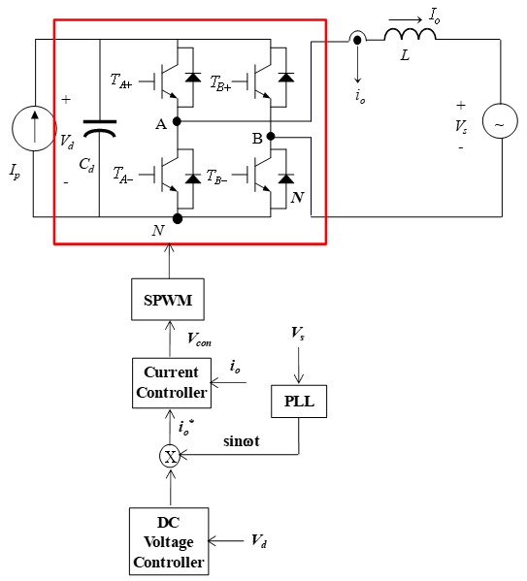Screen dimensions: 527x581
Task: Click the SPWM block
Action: pyautogui.click(x=168, y=300)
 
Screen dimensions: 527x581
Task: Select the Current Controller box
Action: pyautogui.click(x=172, y=383)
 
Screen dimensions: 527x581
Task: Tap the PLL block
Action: pyautogui.click(x=299, y=402)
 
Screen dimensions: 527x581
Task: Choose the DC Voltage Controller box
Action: pyautogui.click(x=169, y=541)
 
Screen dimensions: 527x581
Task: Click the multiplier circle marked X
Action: pyautogui.click(x=170, y=457)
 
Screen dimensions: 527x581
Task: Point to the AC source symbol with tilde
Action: pyautogui.click(x=500, y=121)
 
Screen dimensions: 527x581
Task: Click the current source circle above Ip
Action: pyautogui.click(x=34, y=128)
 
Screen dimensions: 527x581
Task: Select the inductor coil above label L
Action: pyautogui.click(x=410, y=34)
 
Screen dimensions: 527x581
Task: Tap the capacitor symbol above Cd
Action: pyautogui.click(x=99, y=128)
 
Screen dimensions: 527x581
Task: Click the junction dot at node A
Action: pyautogui.click(x=178, y=121)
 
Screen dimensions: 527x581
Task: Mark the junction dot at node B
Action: pyautogui.click(x=271, y=137)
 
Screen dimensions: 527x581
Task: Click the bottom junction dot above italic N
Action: pyautogui.click(x=178, y=218)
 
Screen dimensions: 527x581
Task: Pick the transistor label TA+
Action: pyautogui.click(x=121, y=81)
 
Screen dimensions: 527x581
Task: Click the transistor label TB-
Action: pyautogui.click(x=217, y=177)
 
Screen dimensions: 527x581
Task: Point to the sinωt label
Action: pyautogui.click(x=242, y=441)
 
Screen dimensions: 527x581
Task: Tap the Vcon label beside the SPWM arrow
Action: pyautogui.click(x=200, y=339)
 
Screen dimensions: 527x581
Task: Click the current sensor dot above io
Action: pyautogui.click(x=357, y=40)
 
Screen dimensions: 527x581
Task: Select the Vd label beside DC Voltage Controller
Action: pyautogui.click(x=259, y=541)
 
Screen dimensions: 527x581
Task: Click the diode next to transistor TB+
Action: pyautogui.click(x=286, y=78)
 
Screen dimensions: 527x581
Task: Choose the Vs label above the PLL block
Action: pyautogui.click(x=298, y=333)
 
